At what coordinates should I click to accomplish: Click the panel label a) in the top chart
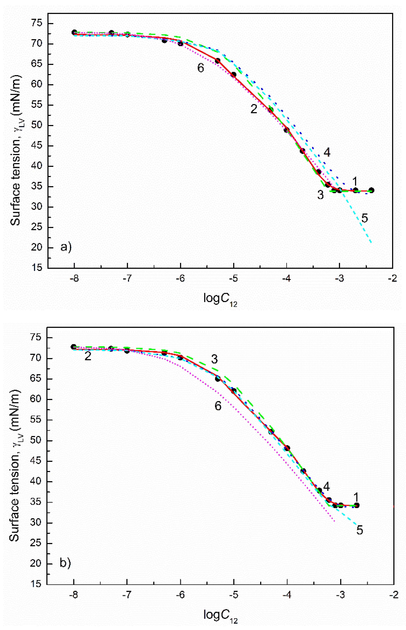click(66, 247)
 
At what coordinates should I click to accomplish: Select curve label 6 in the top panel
click(201, 68)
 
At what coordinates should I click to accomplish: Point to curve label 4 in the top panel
click(327, 152)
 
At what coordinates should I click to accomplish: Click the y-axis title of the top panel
click(16, 150)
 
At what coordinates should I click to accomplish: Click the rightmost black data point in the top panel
click(371, 190)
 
